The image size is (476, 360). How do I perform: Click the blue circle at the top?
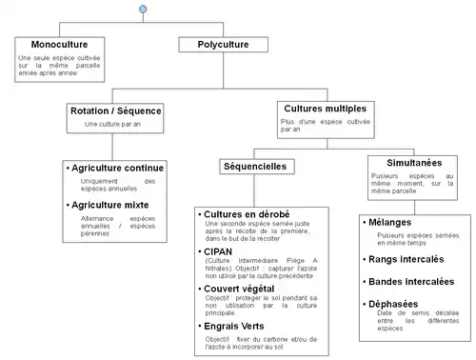click(x=142, y=9)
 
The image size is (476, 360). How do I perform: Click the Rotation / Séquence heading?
click(x=116, y=111)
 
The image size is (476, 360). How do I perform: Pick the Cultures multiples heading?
click(x=325, y=109)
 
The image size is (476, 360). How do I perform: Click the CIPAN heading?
click(x=220, y=251)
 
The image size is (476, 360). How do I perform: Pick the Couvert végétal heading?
click(x=242, y=288)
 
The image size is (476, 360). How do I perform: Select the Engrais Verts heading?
click(x=237, y=326)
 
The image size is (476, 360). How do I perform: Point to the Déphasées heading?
click(x=399, y=305)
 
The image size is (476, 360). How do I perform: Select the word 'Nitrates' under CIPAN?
click(x=220, y=270)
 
